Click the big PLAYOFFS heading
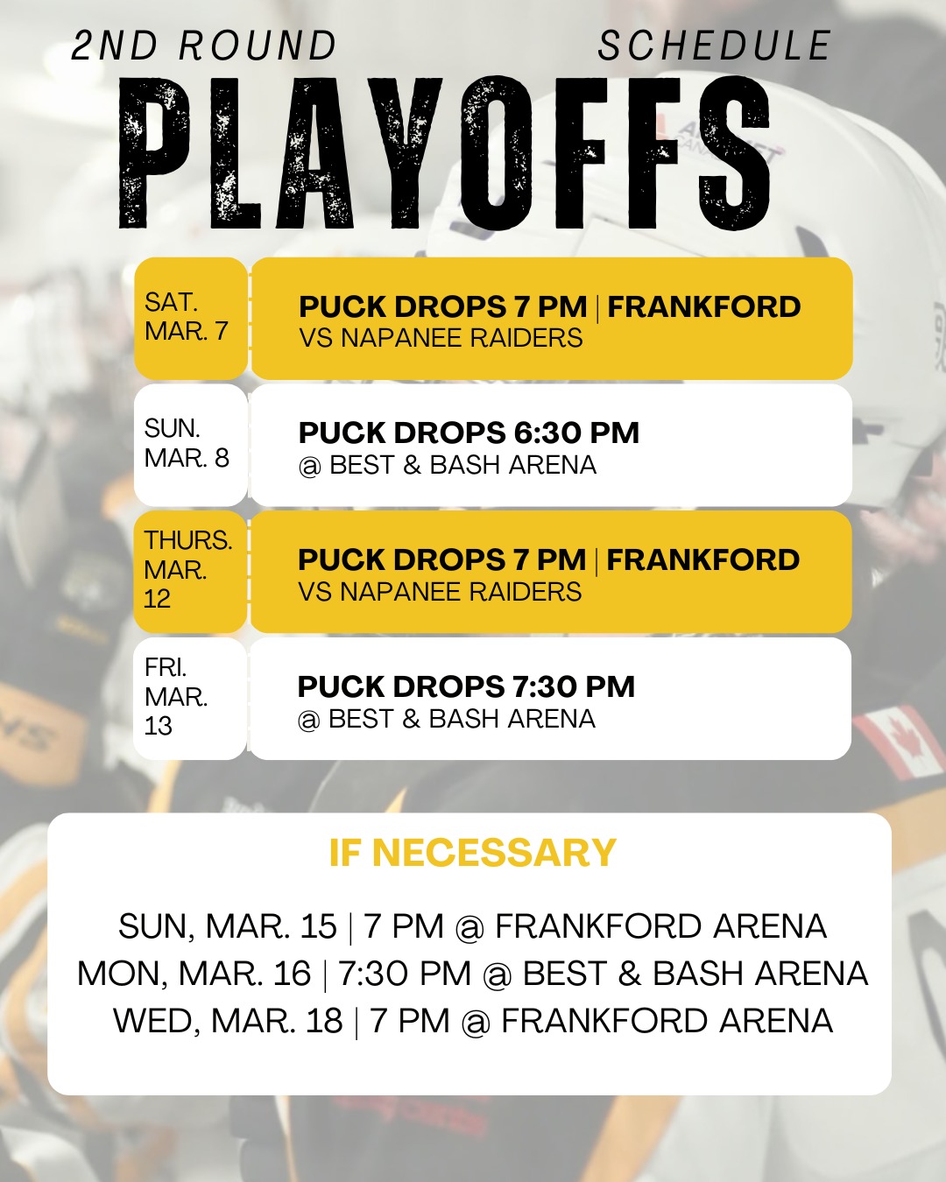445,154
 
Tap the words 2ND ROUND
204,46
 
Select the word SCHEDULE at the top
714,46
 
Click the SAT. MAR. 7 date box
190,318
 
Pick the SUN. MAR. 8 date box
190,444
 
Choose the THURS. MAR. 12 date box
190,571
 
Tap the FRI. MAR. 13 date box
190,698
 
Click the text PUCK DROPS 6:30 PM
469,433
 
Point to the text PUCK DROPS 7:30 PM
466,686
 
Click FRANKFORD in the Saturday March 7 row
704,306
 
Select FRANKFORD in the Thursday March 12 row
703,559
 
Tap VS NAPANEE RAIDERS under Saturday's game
441,338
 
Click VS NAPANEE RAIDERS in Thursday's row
440,592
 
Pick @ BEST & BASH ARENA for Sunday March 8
448,465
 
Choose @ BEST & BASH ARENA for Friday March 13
447,719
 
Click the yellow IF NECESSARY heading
473,853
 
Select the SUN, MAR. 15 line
473,926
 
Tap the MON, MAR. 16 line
473,974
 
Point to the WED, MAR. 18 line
473,1021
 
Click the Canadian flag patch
898,742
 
